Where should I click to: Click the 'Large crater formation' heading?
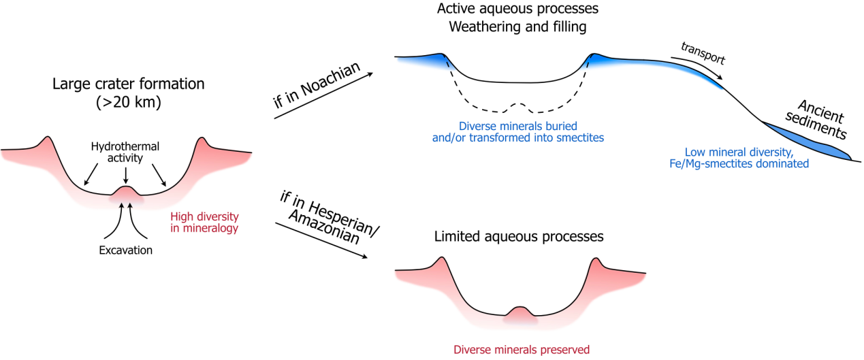(x=128, y=85)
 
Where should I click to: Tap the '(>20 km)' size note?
(x=128, y=103)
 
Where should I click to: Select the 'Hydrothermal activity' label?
(x=125, y=151)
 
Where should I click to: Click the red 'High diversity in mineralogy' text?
(x=204, y=223)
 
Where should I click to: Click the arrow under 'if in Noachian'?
(x=324, y=95)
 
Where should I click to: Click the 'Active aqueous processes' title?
(x=517, y=10)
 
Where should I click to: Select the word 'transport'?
(x=703, y=52)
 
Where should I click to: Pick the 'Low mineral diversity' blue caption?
(x=747, y=158)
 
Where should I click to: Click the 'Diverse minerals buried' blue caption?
(x=518, y=132)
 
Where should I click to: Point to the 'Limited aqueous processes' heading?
(x=519, y=237)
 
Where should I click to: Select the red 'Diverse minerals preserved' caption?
(x=522, y=350)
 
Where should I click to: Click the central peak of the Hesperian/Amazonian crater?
(x=521, y=313)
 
